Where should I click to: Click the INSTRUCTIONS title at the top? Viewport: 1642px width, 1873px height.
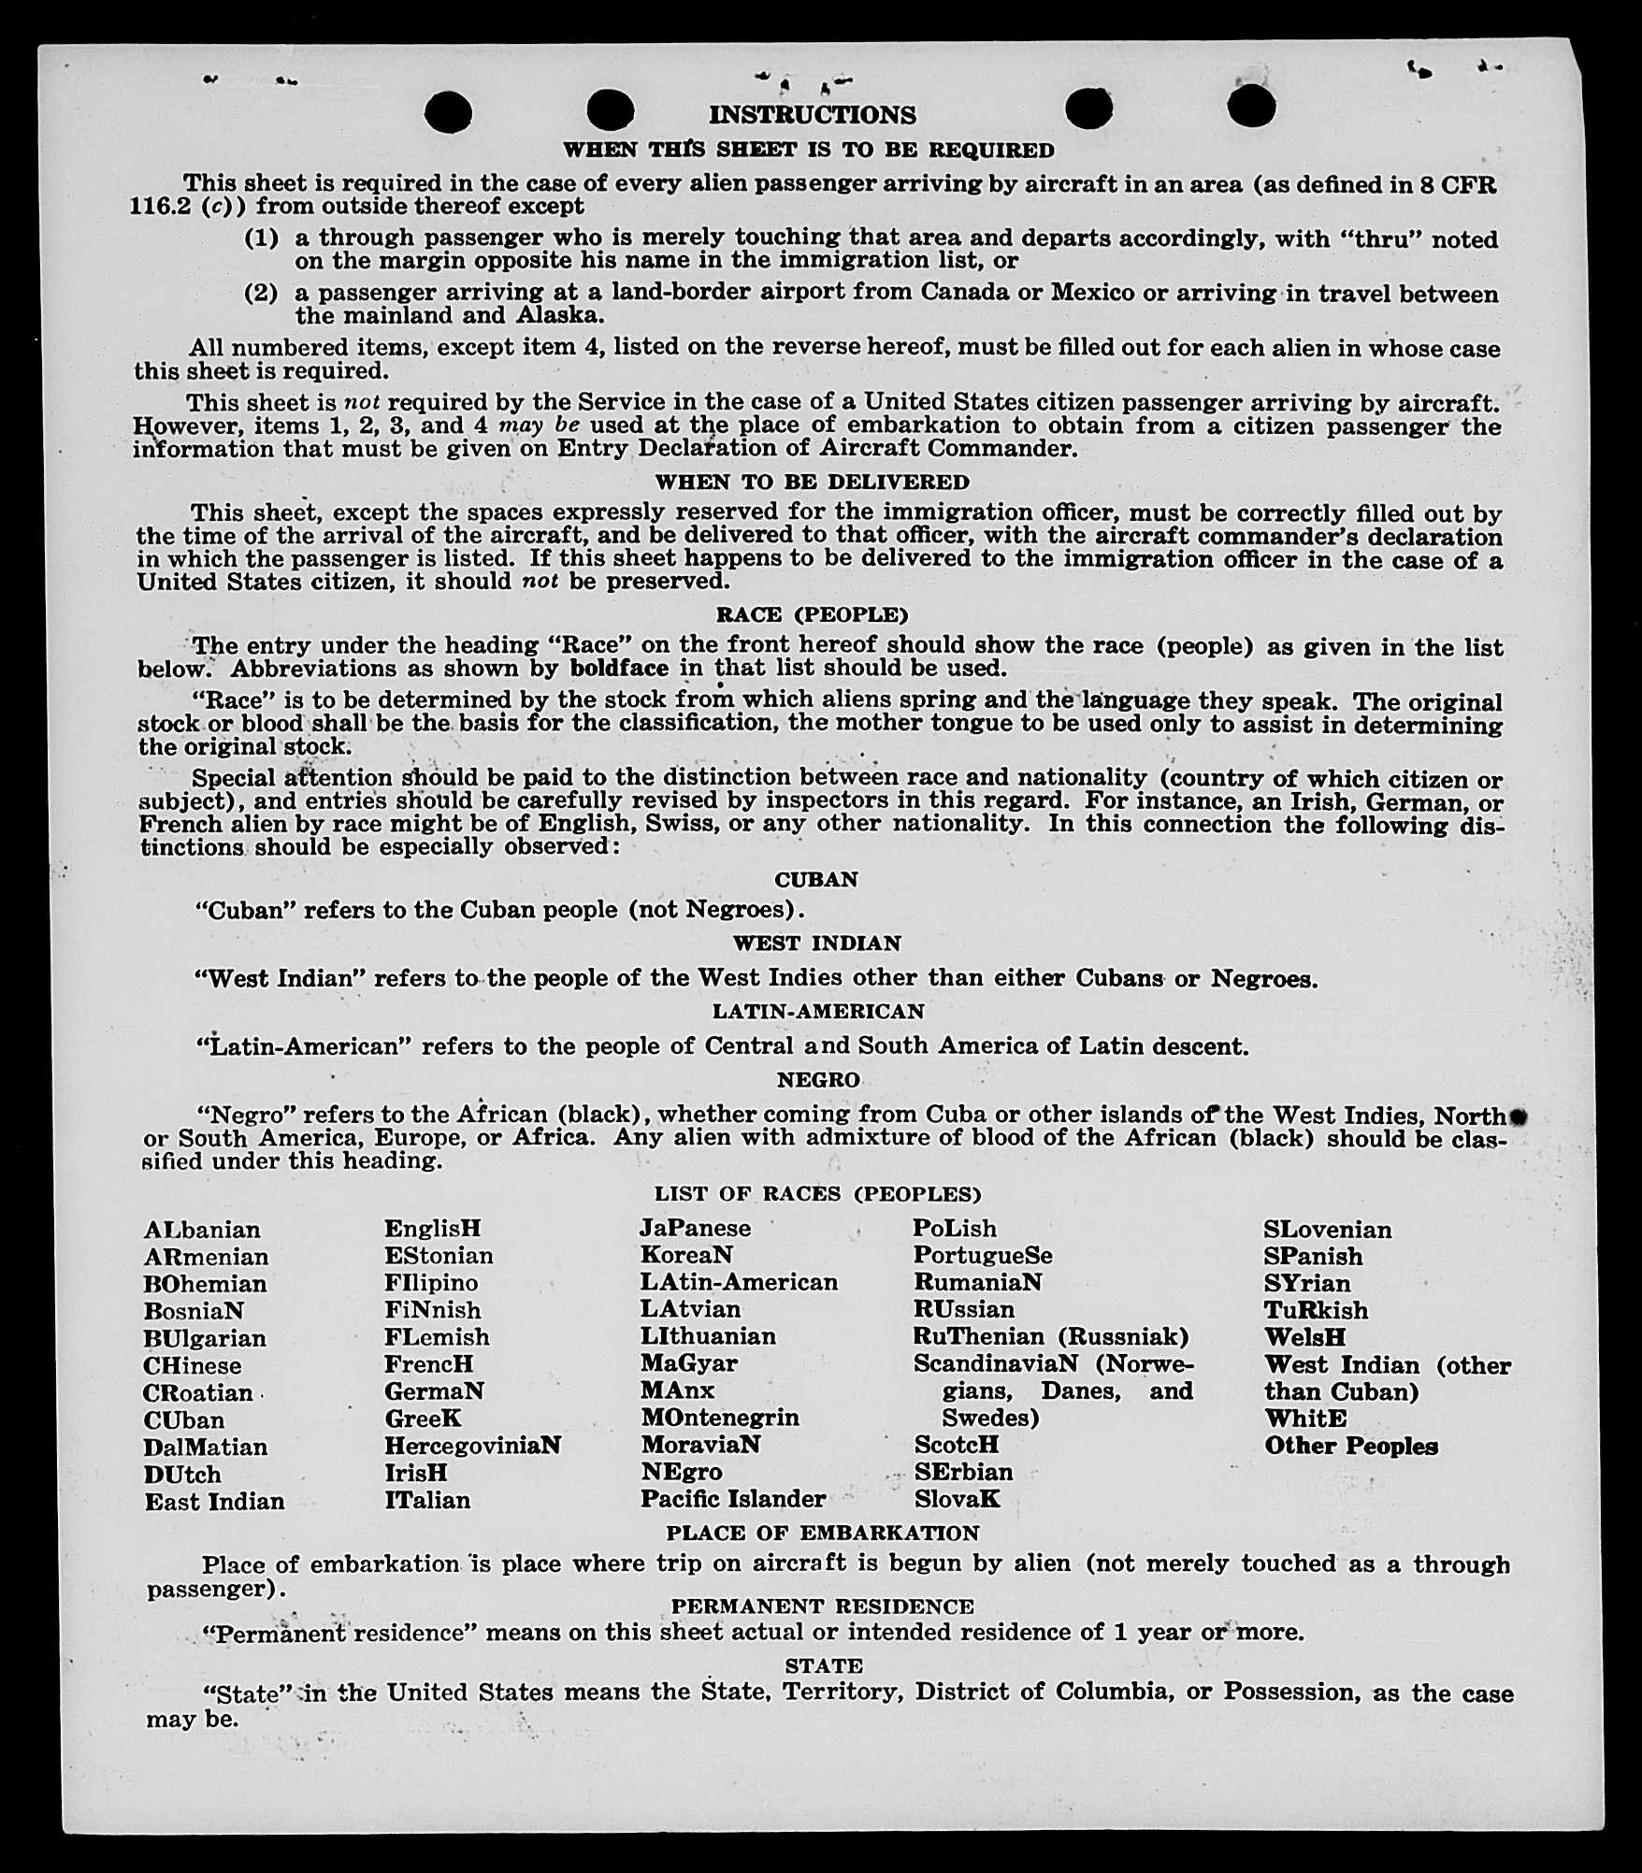coord(812,115)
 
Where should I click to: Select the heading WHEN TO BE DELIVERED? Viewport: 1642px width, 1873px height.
coord(812,483)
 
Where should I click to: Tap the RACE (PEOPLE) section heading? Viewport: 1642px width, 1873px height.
coord(812,614)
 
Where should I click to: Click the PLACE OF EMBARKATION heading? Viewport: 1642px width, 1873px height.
coord(822,1534)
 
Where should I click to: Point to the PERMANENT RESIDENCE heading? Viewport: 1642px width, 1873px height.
coord(822,1606)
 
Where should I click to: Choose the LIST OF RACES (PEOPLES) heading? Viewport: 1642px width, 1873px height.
coord(817,1194)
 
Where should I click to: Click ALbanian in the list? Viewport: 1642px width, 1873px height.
coord(202,1230)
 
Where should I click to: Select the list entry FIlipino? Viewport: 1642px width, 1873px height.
coord(431,1283)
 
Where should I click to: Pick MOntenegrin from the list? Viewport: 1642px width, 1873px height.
coord(719,1418)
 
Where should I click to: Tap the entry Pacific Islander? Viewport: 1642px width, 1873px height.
coord(732,1499)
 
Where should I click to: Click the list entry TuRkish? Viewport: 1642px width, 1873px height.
coord(1315,1310)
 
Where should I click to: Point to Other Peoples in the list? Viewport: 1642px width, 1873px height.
coord(1350,1446)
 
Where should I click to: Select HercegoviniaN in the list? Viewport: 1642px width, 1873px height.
coord(472,1446)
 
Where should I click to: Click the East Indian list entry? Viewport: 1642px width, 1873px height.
coord(214,1502)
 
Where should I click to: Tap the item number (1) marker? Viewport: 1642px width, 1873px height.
coord(261,238)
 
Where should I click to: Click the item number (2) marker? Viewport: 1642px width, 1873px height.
coord(261,293)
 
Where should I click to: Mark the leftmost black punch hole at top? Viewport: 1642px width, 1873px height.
coord(448,113)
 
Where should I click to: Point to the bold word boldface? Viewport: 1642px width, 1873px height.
coord(619,669)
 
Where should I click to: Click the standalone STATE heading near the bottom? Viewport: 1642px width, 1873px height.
coord(824,1666)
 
